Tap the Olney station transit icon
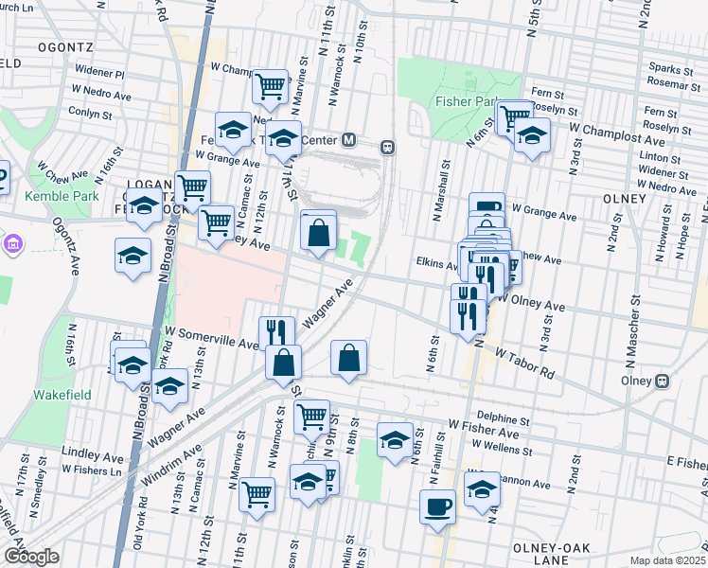(662, 381)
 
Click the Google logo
(31, 557)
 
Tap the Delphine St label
(502, 417)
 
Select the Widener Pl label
(100, 72)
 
